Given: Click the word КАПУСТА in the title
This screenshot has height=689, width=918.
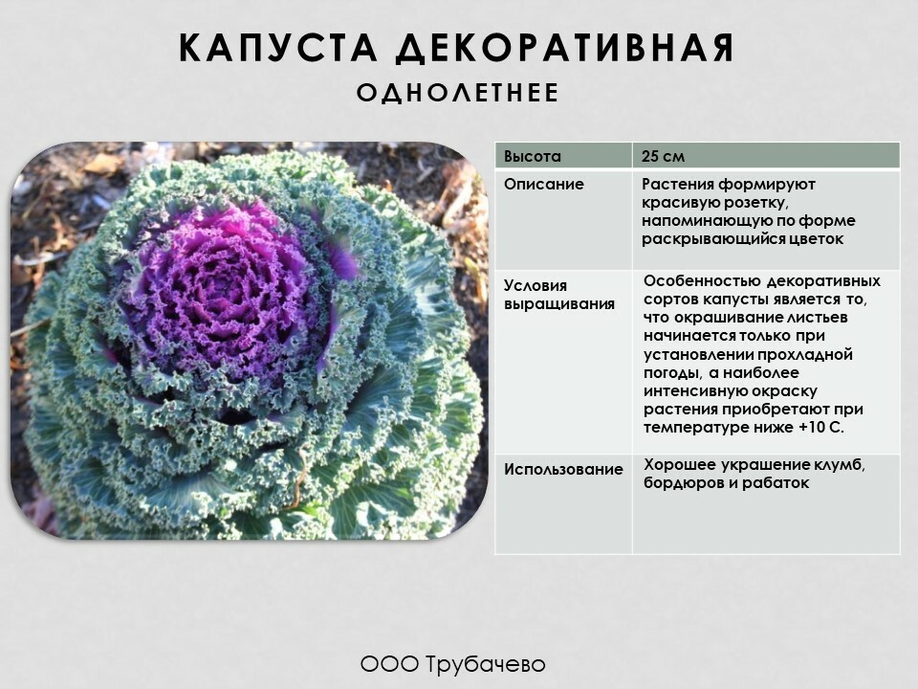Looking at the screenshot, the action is point(278,48).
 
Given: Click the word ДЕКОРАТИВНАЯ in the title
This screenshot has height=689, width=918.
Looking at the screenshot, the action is point(565,49).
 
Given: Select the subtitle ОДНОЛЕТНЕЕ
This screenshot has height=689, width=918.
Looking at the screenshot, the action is point(458,93).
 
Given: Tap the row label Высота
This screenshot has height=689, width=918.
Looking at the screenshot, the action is point(533,156).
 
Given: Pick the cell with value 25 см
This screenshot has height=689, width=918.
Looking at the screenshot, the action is point(663,156).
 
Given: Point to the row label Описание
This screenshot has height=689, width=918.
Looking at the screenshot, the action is point(544,184).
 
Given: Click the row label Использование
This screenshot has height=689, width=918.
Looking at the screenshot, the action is point(563,469).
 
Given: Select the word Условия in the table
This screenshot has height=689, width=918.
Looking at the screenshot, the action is point(535,285).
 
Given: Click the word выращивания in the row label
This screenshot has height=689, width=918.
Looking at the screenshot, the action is point(559,304).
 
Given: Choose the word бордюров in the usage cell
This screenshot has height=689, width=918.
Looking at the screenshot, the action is point(679,482).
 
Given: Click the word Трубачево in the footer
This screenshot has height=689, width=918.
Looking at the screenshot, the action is point(486,664).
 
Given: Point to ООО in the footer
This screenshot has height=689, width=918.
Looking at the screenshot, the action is point(389,664).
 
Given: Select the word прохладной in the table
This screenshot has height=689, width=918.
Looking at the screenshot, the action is point(805,354).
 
